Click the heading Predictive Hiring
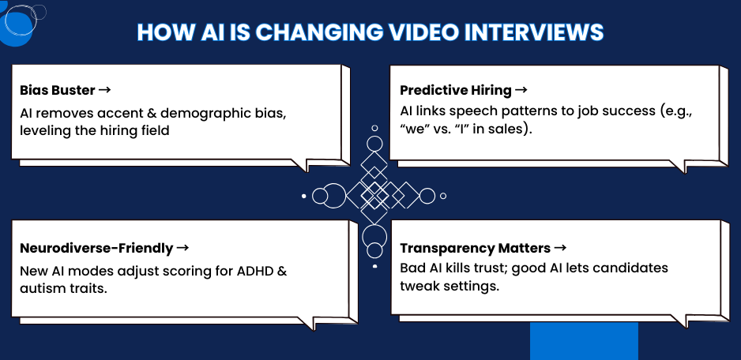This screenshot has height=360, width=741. [x=456, y=90]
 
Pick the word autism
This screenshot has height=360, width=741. [x=43, y=288]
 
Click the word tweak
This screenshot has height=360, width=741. [x=419, y=286]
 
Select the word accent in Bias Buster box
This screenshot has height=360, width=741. [x=112, y=112]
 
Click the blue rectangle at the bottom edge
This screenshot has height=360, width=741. [x=583, y=340]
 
